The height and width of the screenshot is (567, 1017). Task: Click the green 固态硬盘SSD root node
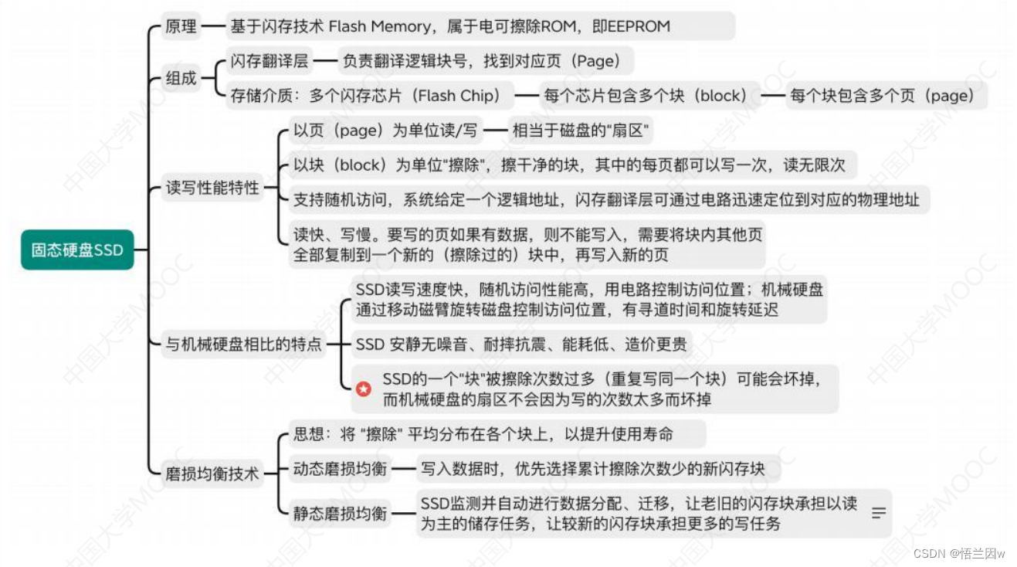[77, 250]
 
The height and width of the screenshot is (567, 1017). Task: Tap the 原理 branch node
[181, 26]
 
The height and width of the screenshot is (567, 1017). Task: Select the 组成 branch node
[181, 78]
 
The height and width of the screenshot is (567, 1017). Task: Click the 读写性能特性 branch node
[212, 188]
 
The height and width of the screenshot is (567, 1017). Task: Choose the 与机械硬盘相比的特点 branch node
[243, 344]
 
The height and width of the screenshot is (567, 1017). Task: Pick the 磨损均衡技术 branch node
[212, 474]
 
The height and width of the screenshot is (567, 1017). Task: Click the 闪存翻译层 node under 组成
[269, 60]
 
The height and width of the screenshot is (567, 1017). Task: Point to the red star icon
[363, 389]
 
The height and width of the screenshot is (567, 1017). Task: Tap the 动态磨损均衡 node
[339, 469]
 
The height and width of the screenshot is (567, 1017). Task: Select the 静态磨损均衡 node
[339, 514]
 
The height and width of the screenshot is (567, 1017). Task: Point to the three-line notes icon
[878, 513]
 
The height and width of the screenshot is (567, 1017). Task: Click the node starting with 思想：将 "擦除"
[483, 434]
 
